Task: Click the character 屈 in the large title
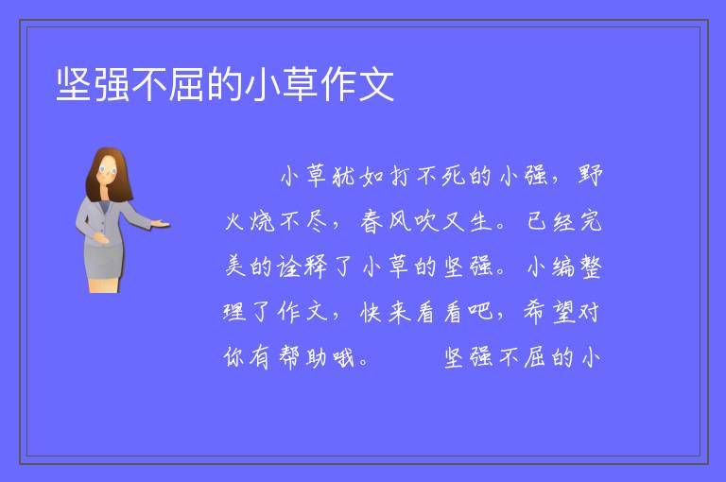[x=186, y=85]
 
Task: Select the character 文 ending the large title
[x=375, y=85]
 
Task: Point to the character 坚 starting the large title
[x=74, y=85]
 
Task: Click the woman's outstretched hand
[x=160, y=224]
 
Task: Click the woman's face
[x=108, y=170]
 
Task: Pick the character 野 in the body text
[x=590, y=176]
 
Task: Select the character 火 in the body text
[x=235, y=221]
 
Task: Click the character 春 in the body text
[x=372, y=221]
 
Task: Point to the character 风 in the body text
[x=400, y=221]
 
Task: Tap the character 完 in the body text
[x=590, y=221]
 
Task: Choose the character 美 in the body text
[x=235, y=267]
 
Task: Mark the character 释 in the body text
[x=316, y=267]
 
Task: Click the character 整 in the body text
[x=590, y=267]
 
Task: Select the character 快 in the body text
[x=372, y=312]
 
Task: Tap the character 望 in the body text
[x=562, y=312]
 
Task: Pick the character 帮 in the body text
[x=290, y=357]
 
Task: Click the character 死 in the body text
[x=454, y=176]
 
